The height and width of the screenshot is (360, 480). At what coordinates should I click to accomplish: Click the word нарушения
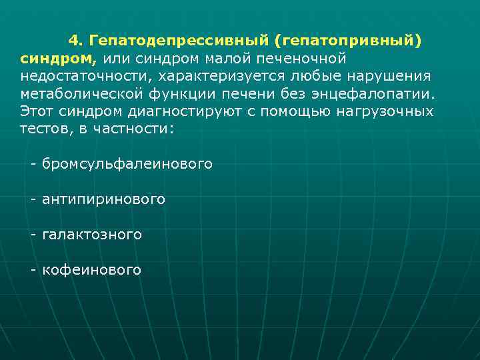(392, 76)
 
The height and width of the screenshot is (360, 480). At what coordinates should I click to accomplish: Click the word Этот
(37, 111)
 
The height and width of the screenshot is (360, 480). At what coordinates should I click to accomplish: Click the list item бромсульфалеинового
(127, 163)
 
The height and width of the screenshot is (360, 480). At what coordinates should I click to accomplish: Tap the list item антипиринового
(103, 199)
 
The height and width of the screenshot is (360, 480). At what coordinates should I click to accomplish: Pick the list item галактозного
(92, 234)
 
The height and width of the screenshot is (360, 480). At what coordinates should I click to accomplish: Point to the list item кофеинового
(91, 269)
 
